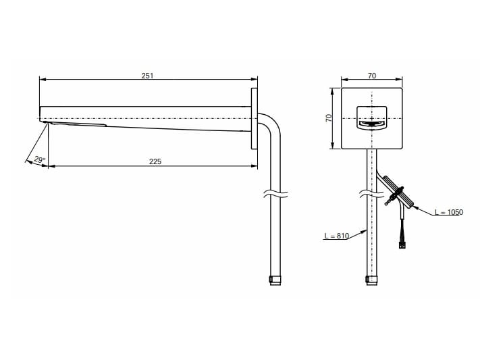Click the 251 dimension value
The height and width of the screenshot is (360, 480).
pos(147,76)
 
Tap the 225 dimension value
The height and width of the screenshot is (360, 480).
pos(155,161)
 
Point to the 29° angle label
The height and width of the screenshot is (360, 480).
pos(39,159)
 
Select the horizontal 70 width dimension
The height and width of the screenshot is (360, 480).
pos(371,76)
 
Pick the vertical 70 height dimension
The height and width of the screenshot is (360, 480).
pos(329,118)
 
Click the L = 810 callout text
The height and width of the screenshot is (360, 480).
pos(336,236)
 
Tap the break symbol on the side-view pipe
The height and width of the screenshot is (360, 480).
pos(275,194)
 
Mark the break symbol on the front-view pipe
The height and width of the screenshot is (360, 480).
pos(371,194)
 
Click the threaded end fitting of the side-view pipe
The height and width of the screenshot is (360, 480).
pos(275,280)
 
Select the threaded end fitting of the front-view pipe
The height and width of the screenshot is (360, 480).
pos(371,280)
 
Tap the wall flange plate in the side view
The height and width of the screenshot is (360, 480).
pos(255,119)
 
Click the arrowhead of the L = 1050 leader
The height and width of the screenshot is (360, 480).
pos(415,208)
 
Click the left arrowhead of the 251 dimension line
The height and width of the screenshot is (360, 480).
pos(43,79)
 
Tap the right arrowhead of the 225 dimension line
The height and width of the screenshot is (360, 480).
pos(255,166)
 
